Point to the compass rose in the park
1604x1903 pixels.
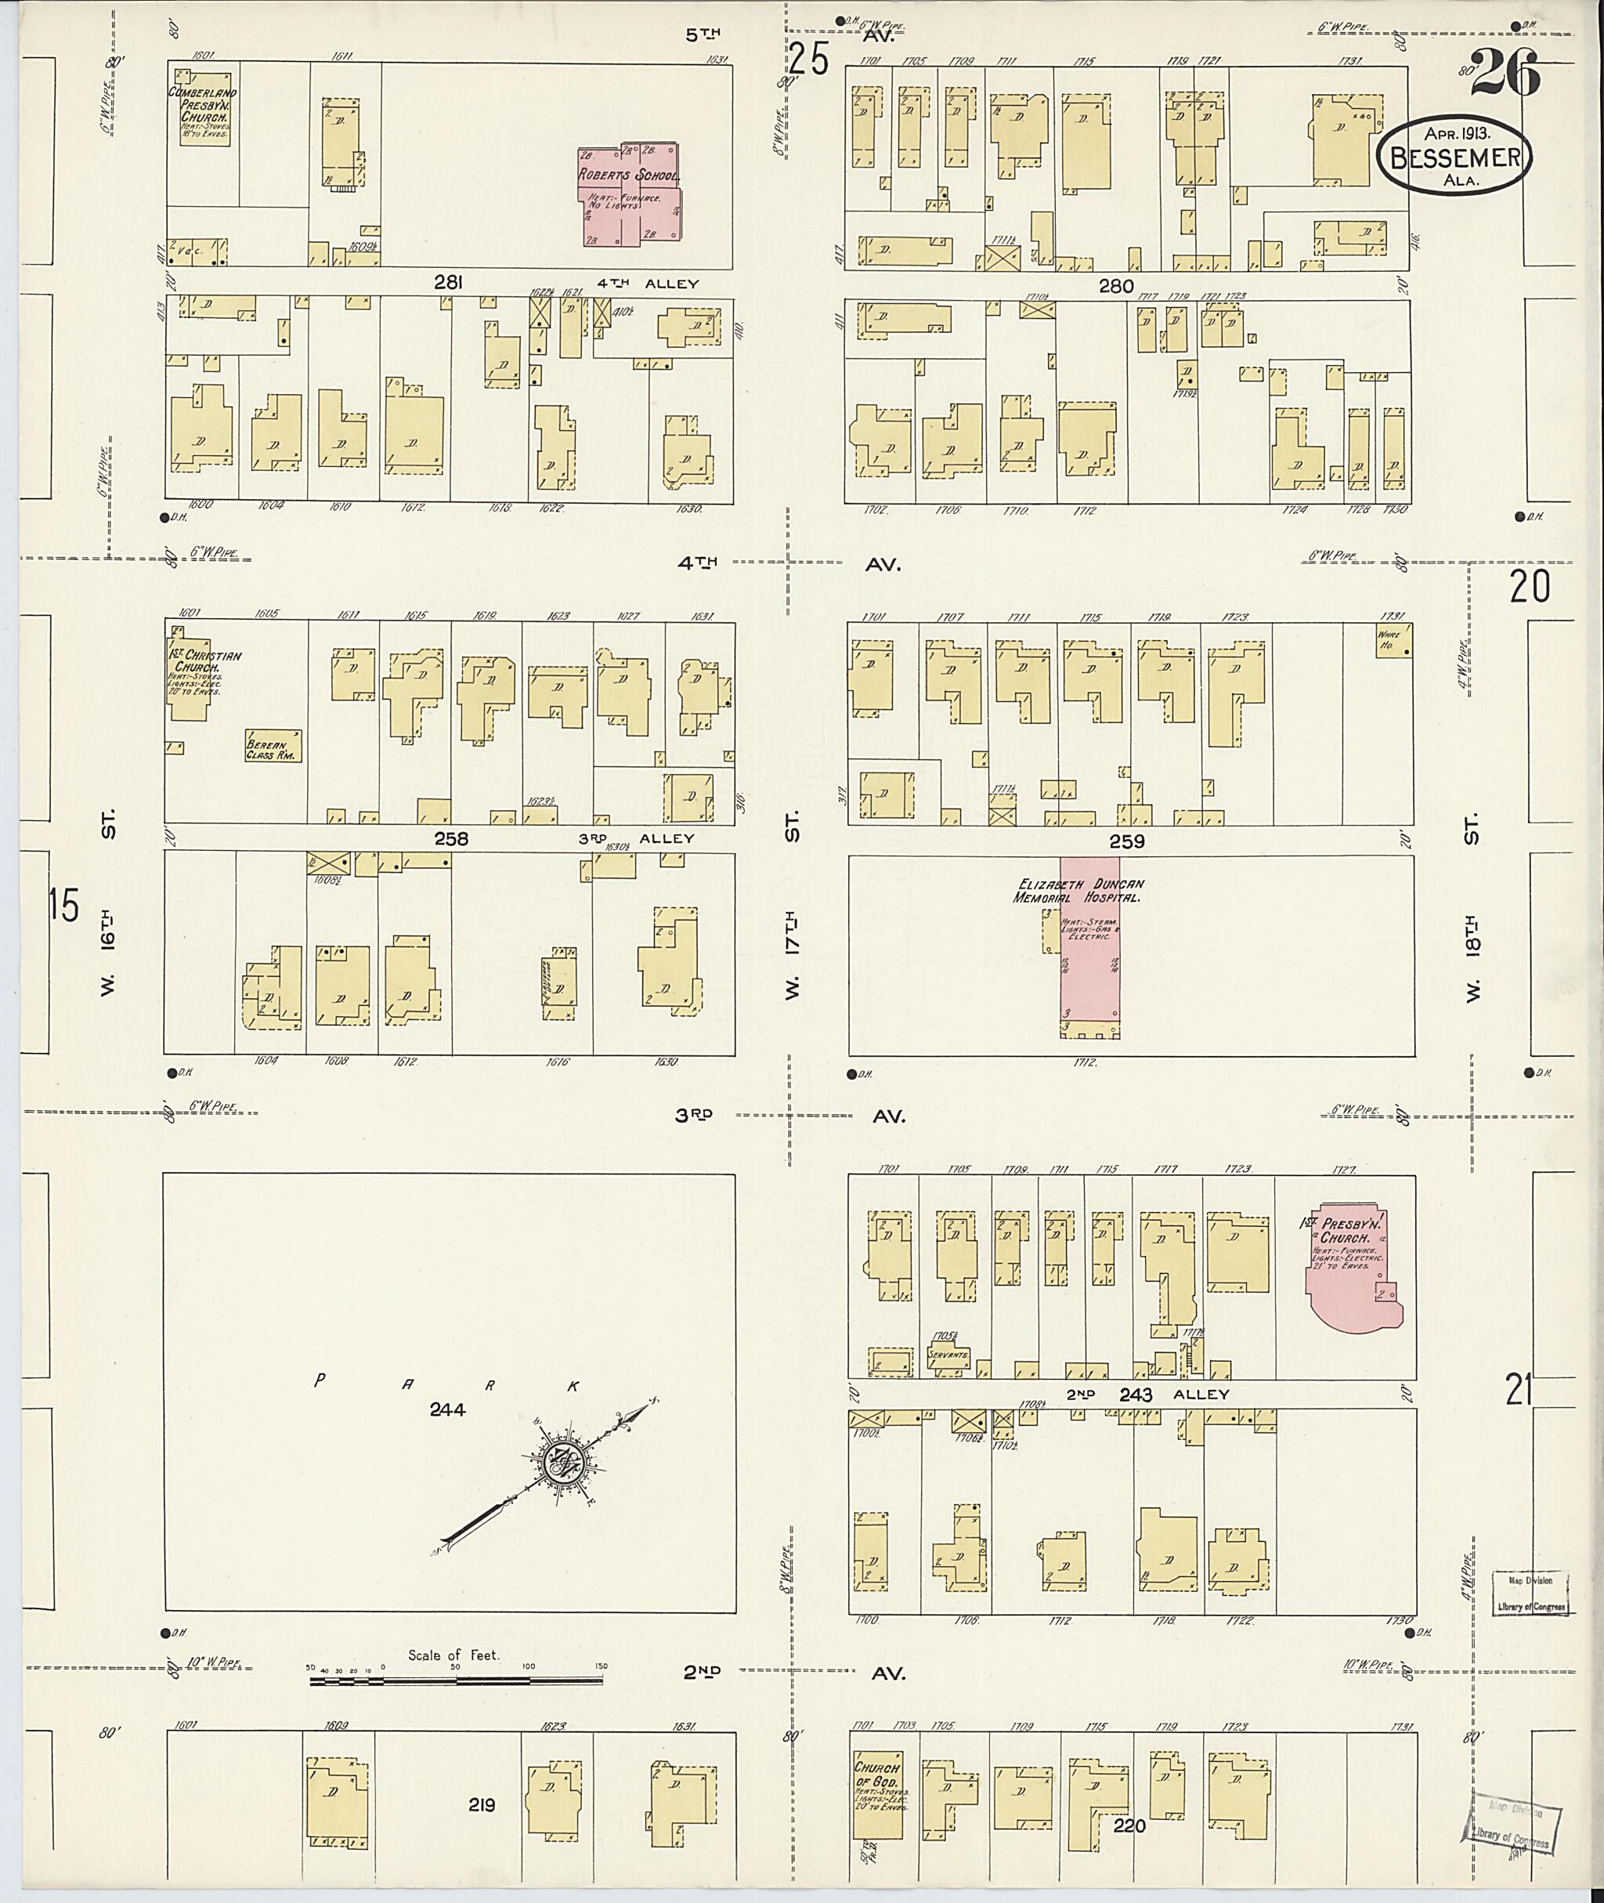click(565, 1463)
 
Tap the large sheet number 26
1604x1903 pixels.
click(1504, 72)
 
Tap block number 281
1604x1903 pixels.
click(447, 283)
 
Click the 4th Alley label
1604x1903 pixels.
click(648, 284)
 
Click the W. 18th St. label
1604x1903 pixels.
click(1472, 910)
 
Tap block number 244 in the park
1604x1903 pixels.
click(447, 1409)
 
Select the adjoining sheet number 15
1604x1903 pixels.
click(63, 907)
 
